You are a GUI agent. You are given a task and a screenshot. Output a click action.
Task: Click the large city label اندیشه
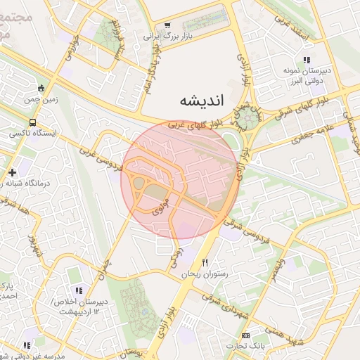coord(200,100)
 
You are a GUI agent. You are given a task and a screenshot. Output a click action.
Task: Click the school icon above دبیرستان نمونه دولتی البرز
coord(306,60)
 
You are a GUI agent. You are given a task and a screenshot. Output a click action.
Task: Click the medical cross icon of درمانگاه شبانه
coord(12,172)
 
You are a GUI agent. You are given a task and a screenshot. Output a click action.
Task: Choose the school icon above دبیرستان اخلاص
coord(79,290)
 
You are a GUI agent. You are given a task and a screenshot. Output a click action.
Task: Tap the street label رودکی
coord(176,257)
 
